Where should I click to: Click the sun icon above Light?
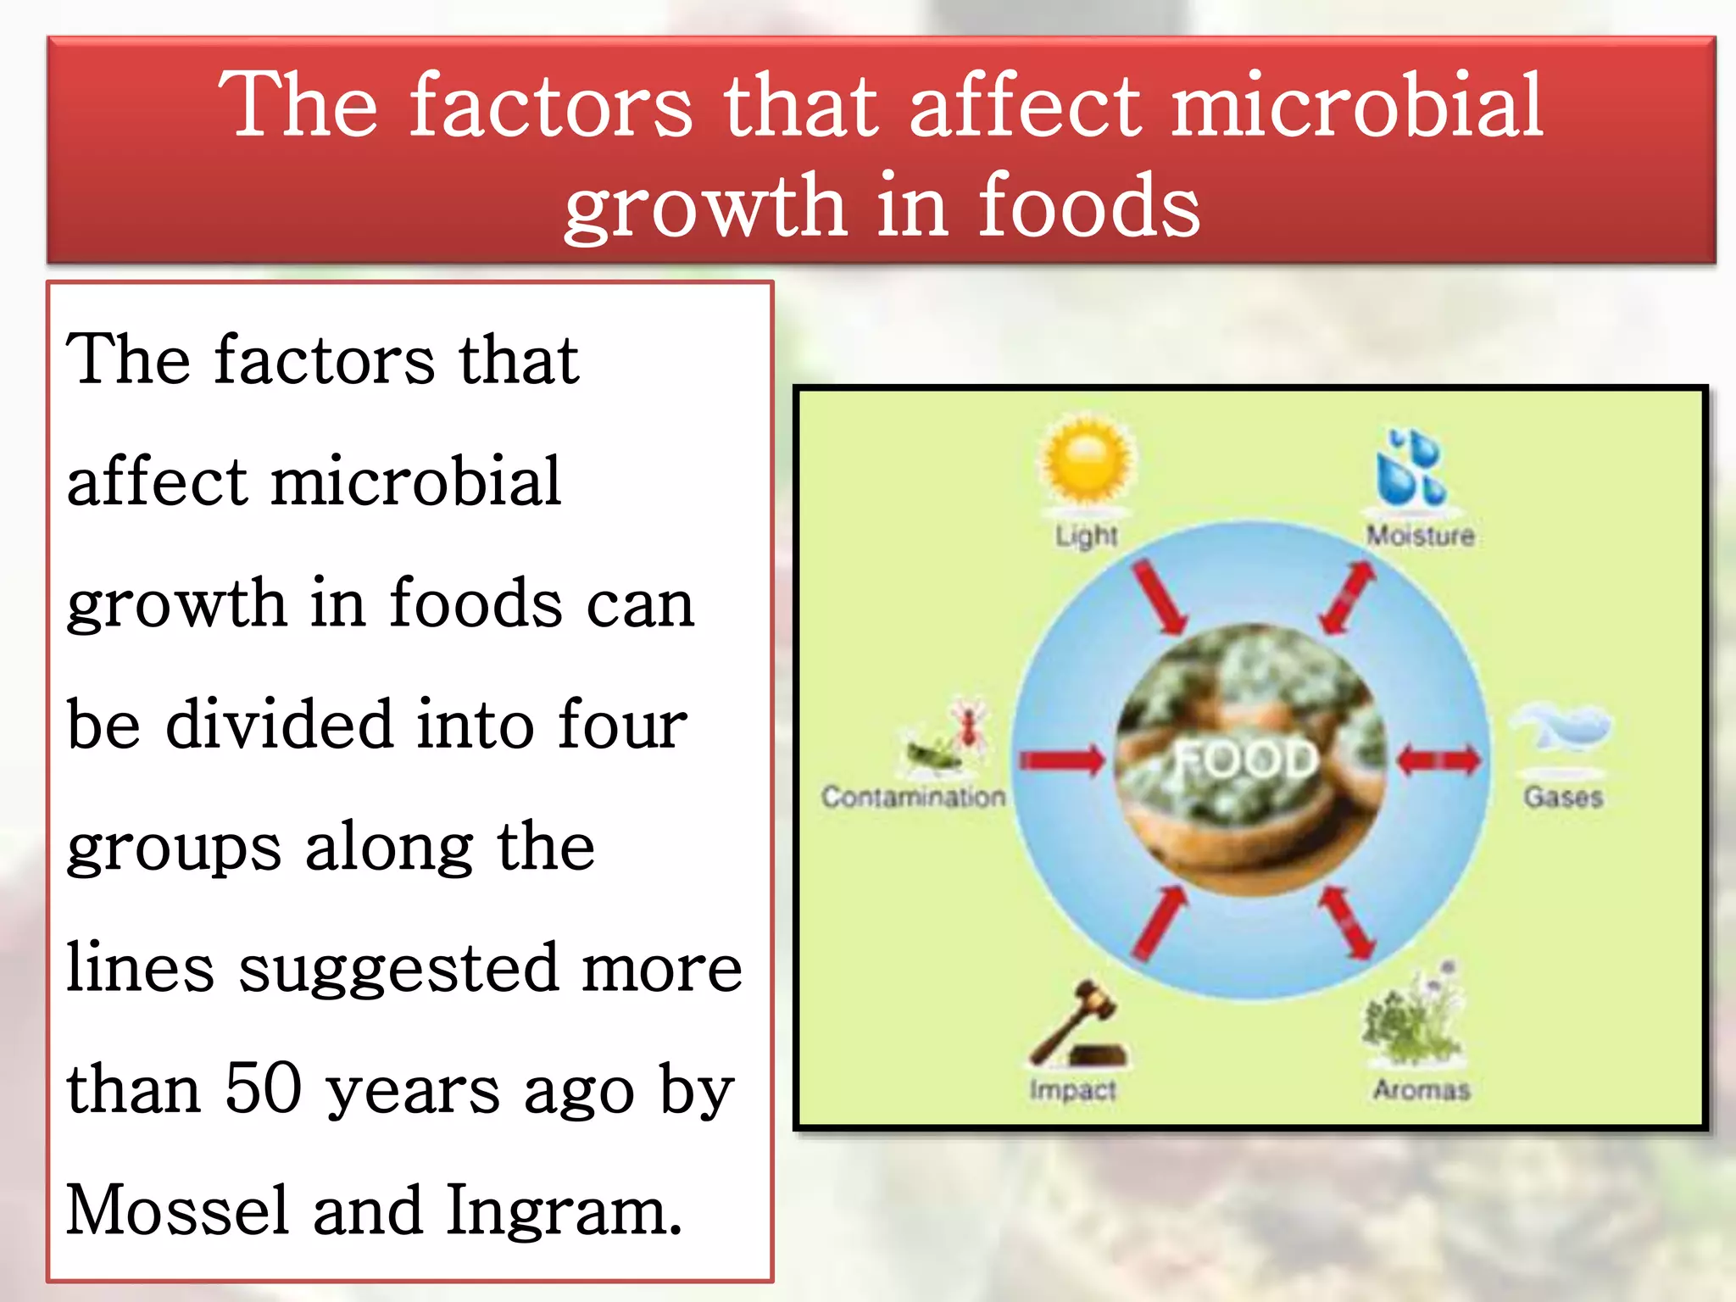pos(1088,460)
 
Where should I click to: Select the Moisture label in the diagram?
pos(1421,536)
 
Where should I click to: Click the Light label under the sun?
pos(1087,536)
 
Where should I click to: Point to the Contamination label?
pos(913,797)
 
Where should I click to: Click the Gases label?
pos(1563,797)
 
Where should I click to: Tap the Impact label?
pos(1073,1089)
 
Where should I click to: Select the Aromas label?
pos(1422,1089)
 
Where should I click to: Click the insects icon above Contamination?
pos(945,737)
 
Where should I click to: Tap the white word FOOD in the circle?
pos(1246,759)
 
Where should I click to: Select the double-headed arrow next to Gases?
pos(1438,759)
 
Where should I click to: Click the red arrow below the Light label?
pos(1160,596)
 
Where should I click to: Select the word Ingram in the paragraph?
pos(563,1210)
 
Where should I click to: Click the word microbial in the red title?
pos(1356,105)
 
